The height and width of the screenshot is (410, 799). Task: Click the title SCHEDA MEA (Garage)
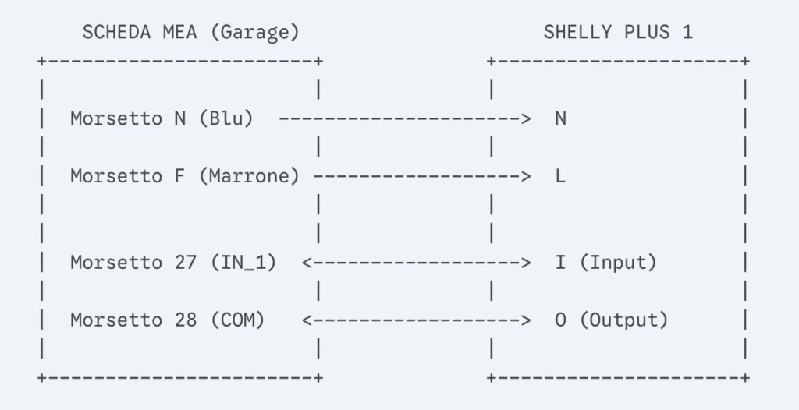tap(190, 33)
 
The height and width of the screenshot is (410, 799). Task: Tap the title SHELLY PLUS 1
tap(618, 33)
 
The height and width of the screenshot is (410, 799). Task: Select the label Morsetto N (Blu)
tap(162, 118)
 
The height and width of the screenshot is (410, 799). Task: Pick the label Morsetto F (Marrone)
tap(184, 176)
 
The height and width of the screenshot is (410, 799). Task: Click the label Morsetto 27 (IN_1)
tap(173, 263)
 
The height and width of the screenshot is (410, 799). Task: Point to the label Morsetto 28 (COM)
tap(168, 320)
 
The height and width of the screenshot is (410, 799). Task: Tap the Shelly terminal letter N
tap(560, 118)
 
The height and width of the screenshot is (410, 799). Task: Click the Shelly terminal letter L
tap(560, 176)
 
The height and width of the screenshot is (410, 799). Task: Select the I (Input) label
tap(605, 263)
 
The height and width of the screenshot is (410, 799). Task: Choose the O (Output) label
tap(612, 320)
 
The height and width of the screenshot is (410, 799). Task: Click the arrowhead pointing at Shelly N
tap(525, 119)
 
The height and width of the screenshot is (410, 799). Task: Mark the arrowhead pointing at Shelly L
tap(525, 177)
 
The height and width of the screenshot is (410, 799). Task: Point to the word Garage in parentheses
tap(254, 33)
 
